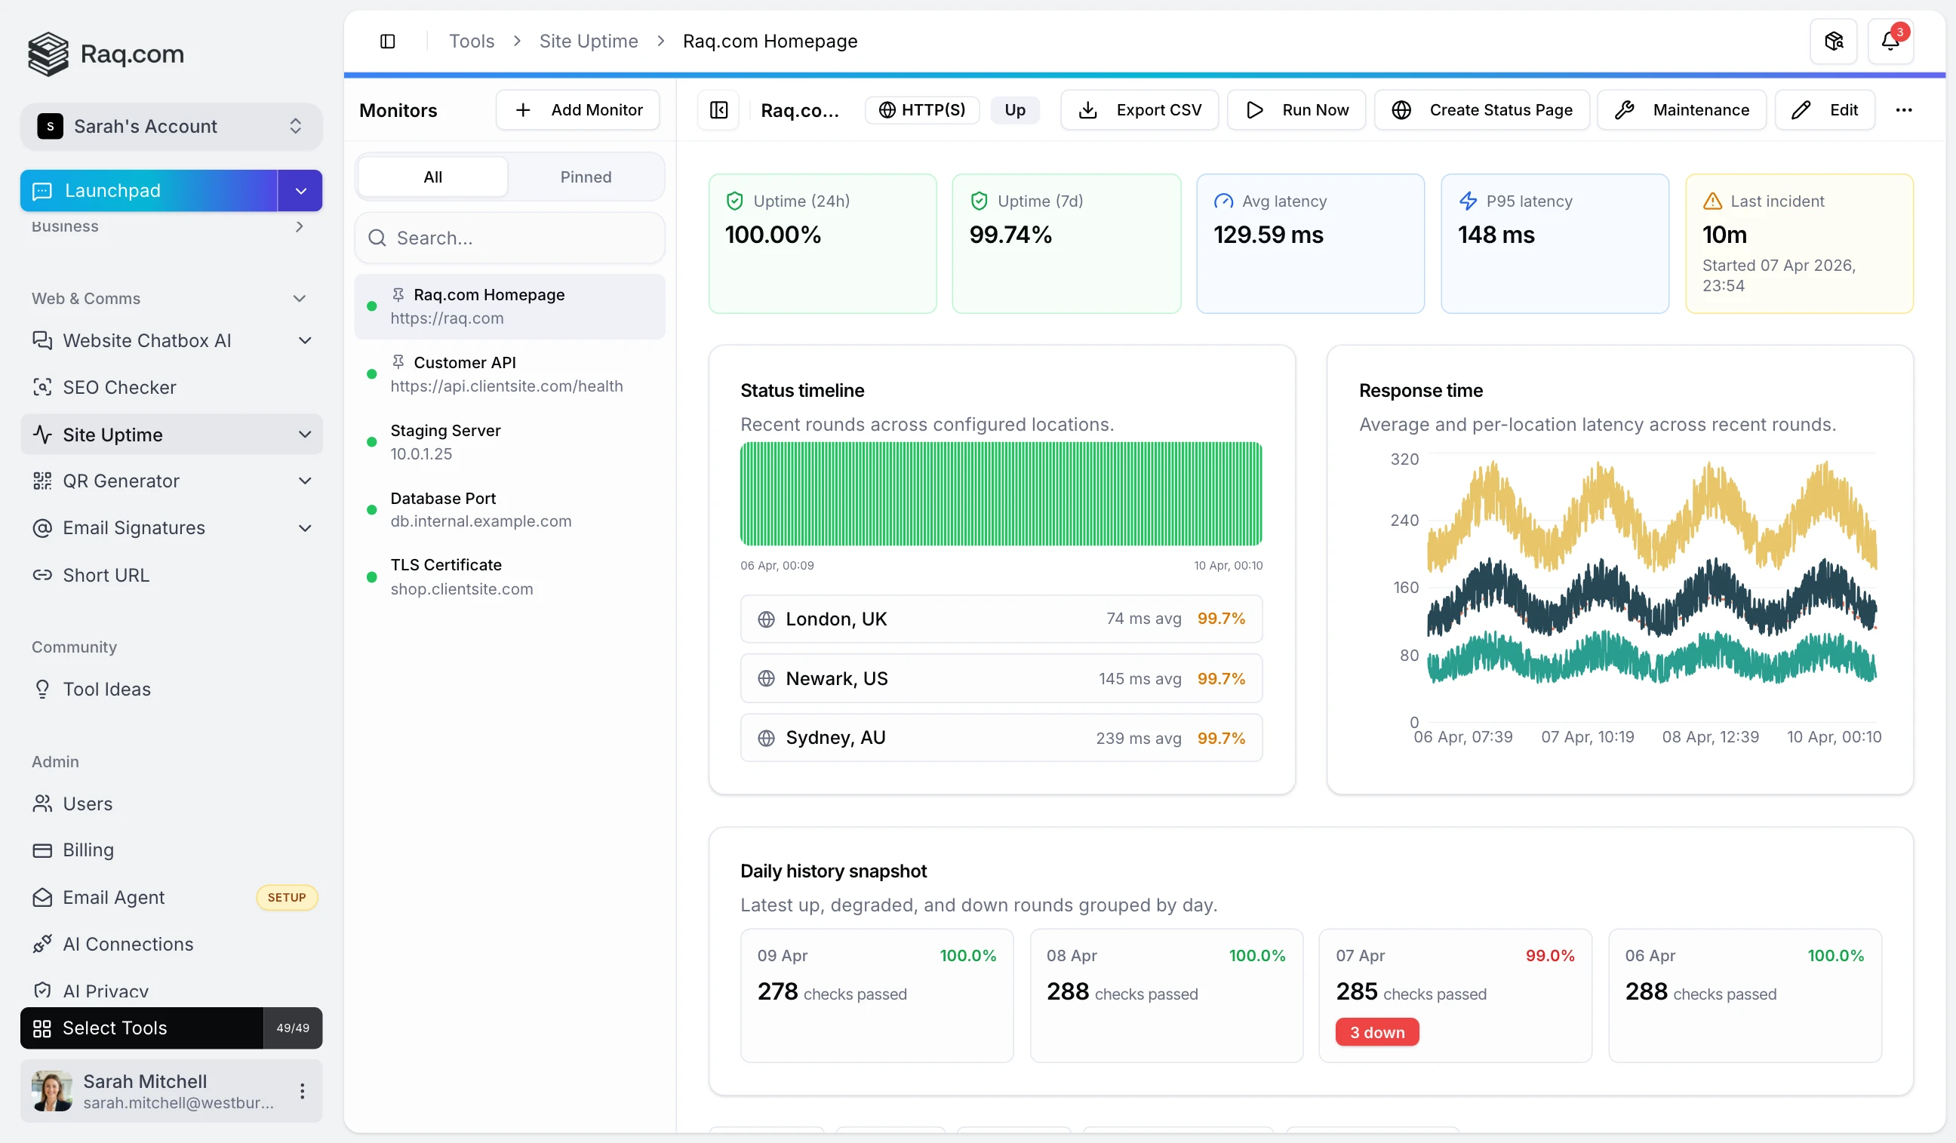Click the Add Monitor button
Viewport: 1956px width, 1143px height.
(577, 110)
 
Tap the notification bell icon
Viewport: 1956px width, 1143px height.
(1890, 41)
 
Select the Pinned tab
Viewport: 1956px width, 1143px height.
(586, 177)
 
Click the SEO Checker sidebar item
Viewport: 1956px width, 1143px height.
(119, 387)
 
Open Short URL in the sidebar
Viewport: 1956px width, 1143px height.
(106, 575)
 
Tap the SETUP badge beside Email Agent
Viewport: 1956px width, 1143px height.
(287, 898)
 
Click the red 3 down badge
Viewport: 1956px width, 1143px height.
(1376, 1033)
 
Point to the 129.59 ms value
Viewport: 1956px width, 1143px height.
(1268, 235)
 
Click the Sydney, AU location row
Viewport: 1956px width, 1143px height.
(1001, 738)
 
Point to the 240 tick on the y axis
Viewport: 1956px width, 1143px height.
(1404, 521)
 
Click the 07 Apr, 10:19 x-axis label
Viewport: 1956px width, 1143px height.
(1587, 737)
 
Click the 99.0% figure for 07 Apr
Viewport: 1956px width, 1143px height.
(1549, 956)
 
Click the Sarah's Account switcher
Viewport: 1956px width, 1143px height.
(171, 127)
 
